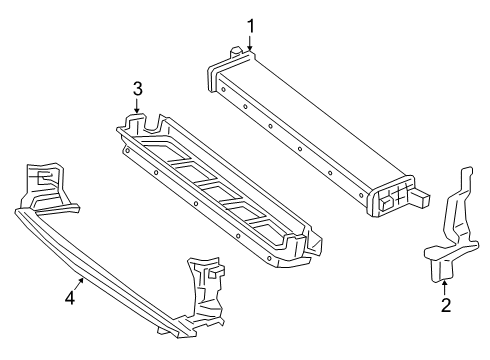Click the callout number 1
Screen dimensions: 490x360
point(250,27)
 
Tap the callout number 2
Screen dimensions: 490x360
point(446,305)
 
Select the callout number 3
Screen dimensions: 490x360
point(137,89)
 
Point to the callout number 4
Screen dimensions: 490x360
point(70,297)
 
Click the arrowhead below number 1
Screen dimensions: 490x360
point(250,48)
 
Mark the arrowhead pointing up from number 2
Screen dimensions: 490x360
point(444,284)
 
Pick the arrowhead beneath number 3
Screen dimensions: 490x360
point(136,110)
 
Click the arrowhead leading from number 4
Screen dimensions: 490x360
point(81,281)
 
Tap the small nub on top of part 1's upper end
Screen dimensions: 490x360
point(236,51)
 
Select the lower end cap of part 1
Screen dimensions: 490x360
point(389,197)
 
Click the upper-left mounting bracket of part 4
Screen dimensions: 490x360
point(47,188)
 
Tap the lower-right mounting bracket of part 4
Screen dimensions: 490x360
point(204,293)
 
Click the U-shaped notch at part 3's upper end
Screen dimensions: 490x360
point(154,124)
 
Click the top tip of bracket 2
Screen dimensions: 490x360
point(468,167)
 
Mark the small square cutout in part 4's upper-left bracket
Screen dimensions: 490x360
point(44,177)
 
